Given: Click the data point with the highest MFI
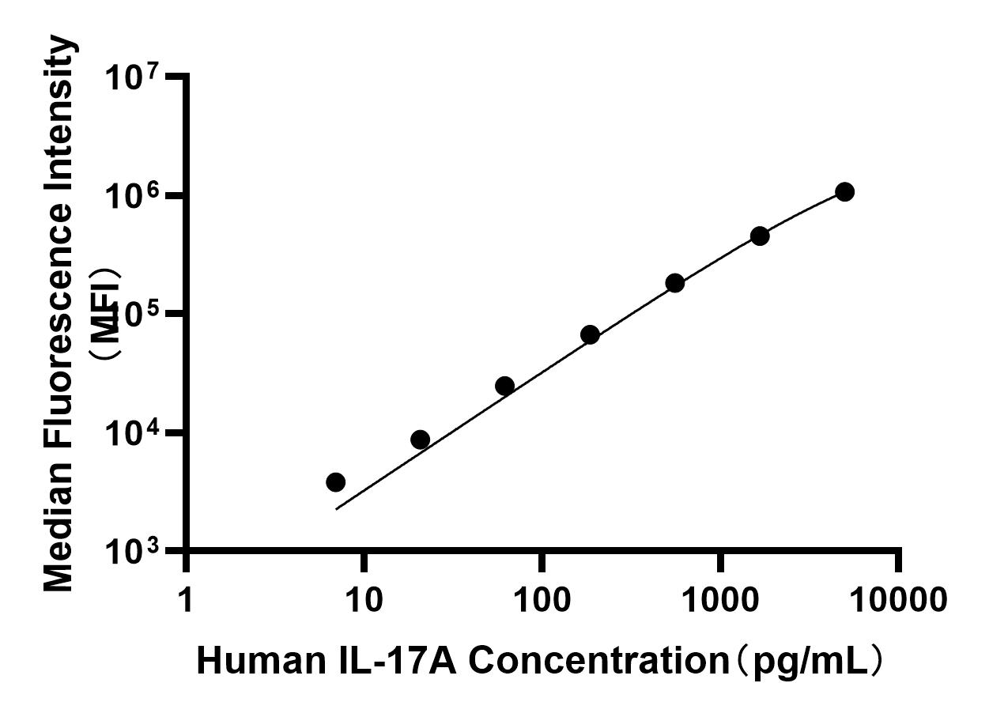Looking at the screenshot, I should pyautogui.click(x=844, y=192).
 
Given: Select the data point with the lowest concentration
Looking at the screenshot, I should pyautogui.click(x=335, y=482).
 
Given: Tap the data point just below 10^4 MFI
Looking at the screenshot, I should pyautogui.click(x=421, y=440).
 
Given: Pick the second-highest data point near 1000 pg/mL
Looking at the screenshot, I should pyautogui.click(x=760, y=236).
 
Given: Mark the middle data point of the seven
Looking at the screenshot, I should pyautogui.click(x=590, y=335).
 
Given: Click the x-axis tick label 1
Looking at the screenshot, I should pyautogui.click(x=186, y=600).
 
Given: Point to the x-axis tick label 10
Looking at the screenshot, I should pyautogui.click(x=364, y=600).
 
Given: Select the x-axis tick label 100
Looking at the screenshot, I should pyautogui.click(x=542, y=600).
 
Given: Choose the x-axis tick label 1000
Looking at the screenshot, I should pyautogui.click(x=720, y=600).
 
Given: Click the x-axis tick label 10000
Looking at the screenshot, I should pyautogui.click(x=898, y=600).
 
